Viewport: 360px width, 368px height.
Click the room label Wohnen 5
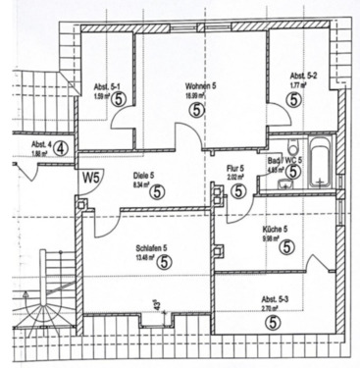point(199,86)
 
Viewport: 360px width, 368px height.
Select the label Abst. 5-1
point(106,86)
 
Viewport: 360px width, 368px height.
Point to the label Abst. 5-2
point(301,76)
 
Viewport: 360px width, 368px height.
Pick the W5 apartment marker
point(91,178)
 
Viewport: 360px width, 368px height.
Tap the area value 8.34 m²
point(141,184)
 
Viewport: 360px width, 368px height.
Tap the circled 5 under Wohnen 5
point(198,111)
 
